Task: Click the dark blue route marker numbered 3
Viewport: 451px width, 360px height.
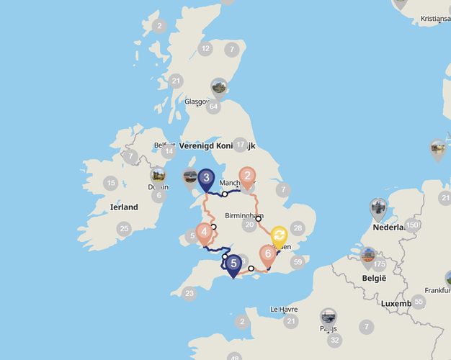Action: pos(207,178)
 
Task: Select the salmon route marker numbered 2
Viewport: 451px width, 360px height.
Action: pos(248,176)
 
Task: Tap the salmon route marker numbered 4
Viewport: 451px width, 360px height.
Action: pos(205,233)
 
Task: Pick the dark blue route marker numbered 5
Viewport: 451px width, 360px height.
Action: pos(233,264)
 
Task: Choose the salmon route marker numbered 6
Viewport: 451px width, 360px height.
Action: pos(268,254)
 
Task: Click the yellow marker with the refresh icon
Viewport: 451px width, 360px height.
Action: pos(279,235)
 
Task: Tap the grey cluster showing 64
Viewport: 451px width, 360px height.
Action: pos(213,107)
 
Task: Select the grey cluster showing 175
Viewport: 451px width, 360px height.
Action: pos(380,264)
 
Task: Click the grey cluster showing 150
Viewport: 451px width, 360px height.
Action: pos(412,225)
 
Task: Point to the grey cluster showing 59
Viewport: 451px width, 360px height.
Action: pos(298,262)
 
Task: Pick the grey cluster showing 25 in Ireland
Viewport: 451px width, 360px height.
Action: pos(125,229)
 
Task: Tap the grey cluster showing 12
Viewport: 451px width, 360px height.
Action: pos(206,49)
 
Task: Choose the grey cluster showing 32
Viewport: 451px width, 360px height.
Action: pos(334,340)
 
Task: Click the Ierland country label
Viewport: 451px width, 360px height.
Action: pos(124,207)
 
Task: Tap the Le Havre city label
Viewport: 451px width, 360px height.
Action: pos(284,310)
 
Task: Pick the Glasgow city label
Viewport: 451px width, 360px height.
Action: pos(197,102)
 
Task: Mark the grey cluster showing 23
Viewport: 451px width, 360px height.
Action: pos(189,293)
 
